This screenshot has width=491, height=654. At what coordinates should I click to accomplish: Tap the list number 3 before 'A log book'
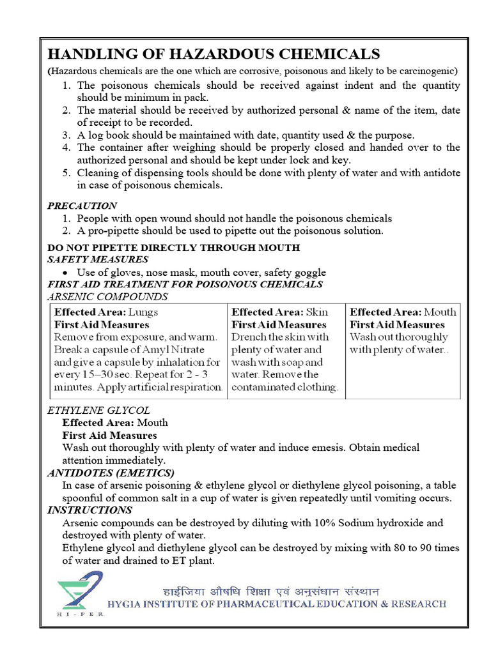(66, 135)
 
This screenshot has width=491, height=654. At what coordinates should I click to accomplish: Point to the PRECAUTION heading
(82, 206)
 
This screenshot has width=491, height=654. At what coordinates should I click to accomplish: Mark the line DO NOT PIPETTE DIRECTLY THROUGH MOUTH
(174, 247)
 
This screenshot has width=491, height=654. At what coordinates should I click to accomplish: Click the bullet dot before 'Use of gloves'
(66, 273)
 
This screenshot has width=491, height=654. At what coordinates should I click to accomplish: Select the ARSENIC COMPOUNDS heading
(107, 297)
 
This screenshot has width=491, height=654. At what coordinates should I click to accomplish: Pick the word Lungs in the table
(143, 312)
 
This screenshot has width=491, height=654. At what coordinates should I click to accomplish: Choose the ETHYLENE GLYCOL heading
(98, 410)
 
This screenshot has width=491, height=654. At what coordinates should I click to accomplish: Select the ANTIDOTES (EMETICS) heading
(111, 473)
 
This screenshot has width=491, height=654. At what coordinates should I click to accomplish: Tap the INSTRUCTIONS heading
(90, 510)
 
